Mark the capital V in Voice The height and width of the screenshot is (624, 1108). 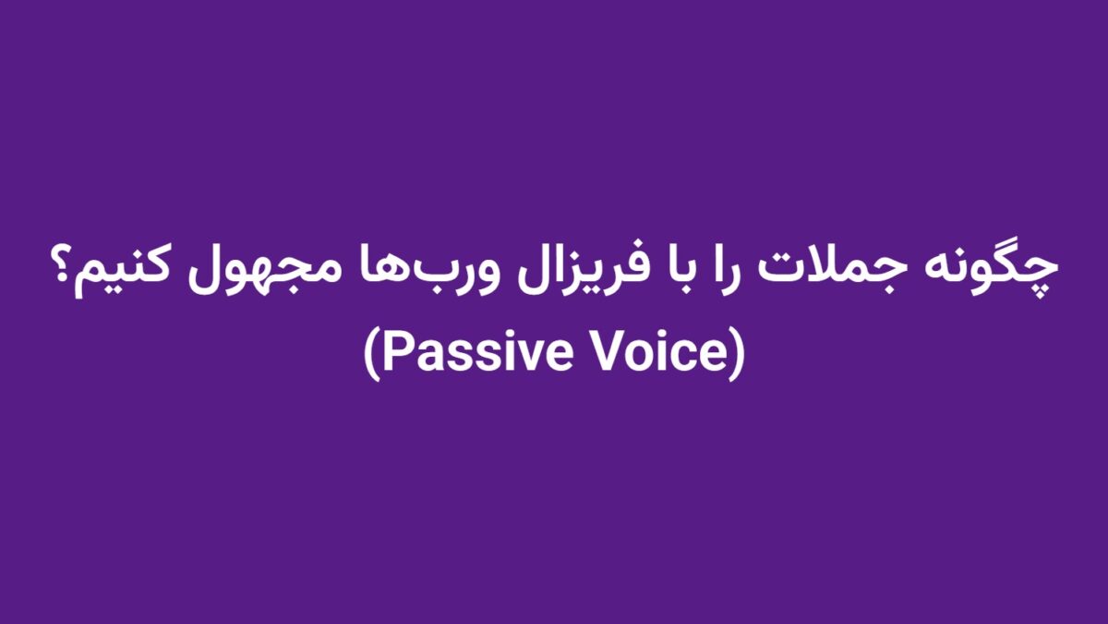(613, 353)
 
